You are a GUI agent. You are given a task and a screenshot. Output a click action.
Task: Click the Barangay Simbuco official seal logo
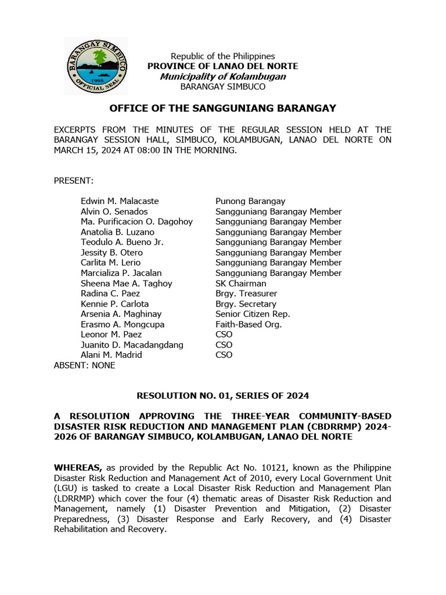95,66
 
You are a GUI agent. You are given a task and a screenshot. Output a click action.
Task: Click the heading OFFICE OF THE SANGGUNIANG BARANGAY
222,109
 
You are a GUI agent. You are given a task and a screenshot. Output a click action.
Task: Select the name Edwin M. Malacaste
120,201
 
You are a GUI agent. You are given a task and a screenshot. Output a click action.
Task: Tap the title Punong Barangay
250,201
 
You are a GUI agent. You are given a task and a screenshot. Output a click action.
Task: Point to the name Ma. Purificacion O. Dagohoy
136,221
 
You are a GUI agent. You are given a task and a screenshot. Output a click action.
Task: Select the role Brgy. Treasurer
246,293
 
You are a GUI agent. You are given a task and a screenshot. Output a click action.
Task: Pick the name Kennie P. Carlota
114,304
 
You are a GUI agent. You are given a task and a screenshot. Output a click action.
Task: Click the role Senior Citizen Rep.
253,314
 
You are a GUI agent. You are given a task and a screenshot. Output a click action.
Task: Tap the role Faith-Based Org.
249,324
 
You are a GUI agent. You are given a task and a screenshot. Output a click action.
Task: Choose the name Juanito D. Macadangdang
132,345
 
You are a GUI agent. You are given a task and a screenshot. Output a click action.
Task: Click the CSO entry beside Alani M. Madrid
224,355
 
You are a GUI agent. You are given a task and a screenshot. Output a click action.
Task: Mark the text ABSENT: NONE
84,365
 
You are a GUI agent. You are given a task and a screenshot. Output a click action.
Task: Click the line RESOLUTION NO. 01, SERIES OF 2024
222,396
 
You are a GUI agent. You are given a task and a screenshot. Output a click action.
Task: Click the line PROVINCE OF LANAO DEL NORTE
222,66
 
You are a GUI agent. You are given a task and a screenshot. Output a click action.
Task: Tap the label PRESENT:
74,181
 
